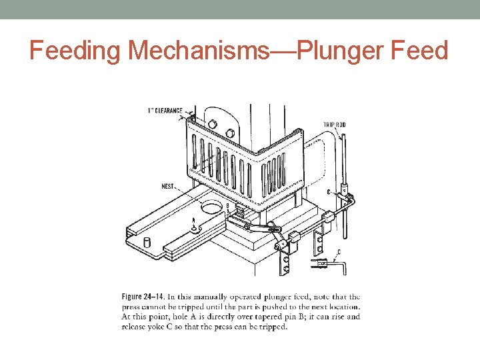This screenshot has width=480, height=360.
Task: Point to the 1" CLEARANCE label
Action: pyautogui.click(x=165, y=111)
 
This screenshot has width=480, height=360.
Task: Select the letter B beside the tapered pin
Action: pyautogui.click(x=227, y=206)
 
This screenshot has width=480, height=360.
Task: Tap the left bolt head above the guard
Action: pyautogui.click(x=211, y=123)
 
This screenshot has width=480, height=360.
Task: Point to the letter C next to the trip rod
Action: pyautogui.click(x=329, y=191)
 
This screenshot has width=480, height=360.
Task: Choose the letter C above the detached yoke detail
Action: pyautogui.click(x=339, y=251)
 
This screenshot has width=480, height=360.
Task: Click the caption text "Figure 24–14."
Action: pyautogui.click(x=143, y=297)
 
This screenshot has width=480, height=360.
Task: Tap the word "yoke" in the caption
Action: pyautogui.click(x=170, y=327)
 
